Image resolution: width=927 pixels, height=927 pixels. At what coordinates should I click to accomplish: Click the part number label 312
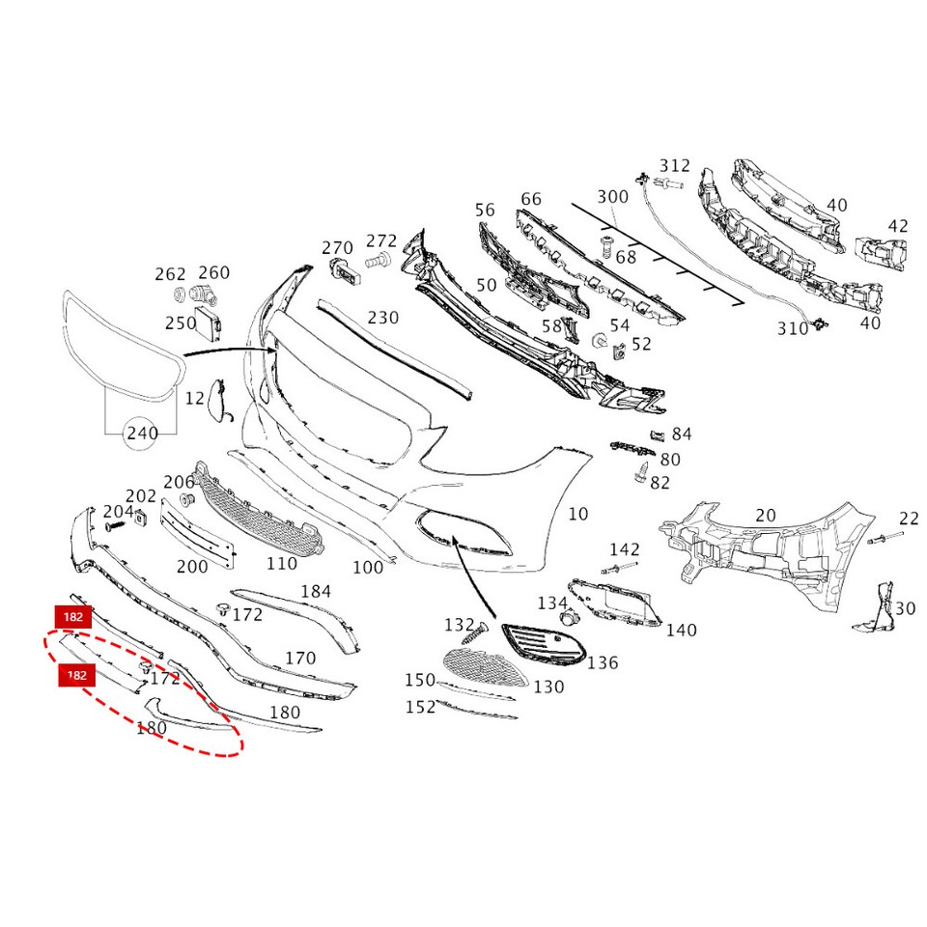(x=675, y=165)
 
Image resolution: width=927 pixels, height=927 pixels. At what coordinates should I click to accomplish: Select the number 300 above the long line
(x=612, y=197)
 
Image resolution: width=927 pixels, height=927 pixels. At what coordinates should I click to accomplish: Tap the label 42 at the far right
(x=898, y=226)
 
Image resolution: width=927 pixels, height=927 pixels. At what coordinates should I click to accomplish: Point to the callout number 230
(x=382, y=317)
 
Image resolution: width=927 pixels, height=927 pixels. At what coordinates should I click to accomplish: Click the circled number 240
(x=142, y=434)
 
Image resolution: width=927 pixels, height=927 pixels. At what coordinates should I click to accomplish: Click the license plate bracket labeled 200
(x=198, y=534)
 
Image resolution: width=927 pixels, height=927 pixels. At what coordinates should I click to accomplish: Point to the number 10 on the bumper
(x=577, y=514)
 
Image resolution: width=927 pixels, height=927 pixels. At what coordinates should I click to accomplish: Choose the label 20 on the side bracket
(x=765, y=516)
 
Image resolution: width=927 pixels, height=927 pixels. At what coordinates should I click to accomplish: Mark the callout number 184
(x=316, y=591)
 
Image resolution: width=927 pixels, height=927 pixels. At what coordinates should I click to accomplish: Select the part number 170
(x=300, y=659)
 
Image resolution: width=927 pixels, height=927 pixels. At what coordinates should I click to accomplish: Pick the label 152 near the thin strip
(x=420, y=707)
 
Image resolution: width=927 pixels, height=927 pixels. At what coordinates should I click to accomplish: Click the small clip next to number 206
(x=188, y=499)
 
